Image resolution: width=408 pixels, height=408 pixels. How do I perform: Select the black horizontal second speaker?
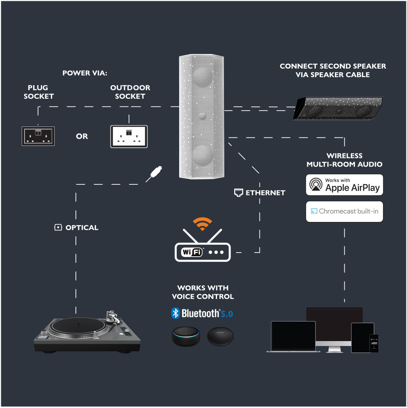tap(338, 108)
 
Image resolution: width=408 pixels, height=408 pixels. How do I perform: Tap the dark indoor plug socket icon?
tap(38, 136)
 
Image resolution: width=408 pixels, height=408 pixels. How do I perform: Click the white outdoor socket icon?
tap(129, 136)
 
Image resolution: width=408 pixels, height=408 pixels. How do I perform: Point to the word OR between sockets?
tap(82, 136)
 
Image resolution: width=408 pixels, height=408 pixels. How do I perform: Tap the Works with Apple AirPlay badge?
tap(345, 184)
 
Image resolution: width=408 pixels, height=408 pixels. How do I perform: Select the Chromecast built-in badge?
tap(345, 211)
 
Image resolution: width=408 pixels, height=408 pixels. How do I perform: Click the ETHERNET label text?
tap(265, 193)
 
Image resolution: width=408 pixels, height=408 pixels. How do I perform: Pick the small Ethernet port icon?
tap(239, 193)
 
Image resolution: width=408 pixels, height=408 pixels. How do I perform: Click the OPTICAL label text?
tap(82, 228)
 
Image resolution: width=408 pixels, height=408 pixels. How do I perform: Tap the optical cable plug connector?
tap(155, 173)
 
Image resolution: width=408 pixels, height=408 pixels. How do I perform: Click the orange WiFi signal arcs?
tap(203, 224)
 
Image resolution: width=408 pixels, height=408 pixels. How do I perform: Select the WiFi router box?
tap(203, 252)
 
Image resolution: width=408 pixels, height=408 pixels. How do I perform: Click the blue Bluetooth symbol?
tap(175, 313)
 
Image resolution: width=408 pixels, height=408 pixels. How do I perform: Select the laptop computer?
tap(293, 337)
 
